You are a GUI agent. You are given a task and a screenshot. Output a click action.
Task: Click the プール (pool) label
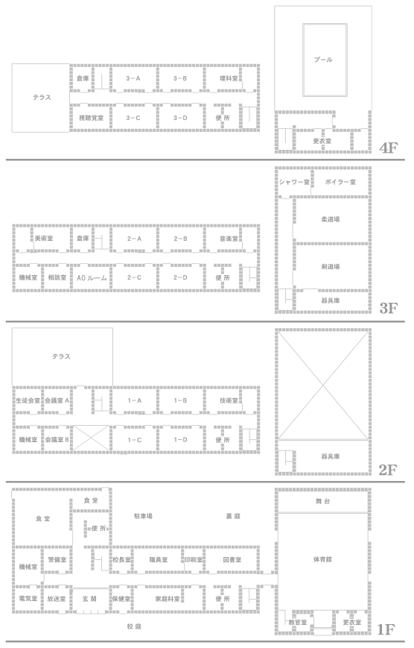click(x=322, y=60)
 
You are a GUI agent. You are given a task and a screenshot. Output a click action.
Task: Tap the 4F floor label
click(x=388, y=148)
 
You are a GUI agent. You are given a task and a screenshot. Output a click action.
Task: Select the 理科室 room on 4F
click(x=229, y=78)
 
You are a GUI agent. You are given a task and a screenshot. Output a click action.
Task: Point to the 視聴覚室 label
click(x=91, y=118)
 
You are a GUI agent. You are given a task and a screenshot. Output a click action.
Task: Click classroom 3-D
click(x=180, y=118)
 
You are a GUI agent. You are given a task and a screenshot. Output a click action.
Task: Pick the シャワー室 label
click(x=294, y=182)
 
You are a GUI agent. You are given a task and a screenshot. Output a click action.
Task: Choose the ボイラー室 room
click(x=340, y=182)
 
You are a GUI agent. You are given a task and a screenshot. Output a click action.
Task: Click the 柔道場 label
click(x=330, y=219)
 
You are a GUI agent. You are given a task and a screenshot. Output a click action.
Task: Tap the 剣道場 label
click(x=330, y=267)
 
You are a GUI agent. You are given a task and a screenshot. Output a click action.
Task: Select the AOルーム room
click(x=92, y=278)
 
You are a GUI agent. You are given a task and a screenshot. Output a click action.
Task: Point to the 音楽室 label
click(x=229, y=239)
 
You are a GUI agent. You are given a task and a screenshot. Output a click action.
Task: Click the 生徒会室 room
click(x=28, y=400)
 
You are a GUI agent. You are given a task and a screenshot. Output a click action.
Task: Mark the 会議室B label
click(x=57, y=440)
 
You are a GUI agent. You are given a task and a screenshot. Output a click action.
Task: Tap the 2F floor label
click(x=388, y=470)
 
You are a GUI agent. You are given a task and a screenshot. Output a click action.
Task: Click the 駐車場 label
click(x=143, y=516)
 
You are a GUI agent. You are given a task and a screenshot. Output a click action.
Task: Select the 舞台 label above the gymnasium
click(x=322, y=501)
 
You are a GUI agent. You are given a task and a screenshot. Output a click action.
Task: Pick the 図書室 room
click(x=232, y=560)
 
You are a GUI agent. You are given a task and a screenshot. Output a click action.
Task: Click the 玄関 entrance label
click(x=89, y=599)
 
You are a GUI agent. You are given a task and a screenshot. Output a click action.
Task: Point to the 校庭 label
click(x=135, y=627)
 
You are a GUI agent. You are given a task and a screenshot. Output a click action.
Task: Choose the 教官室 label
click(x=298, y=623)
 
